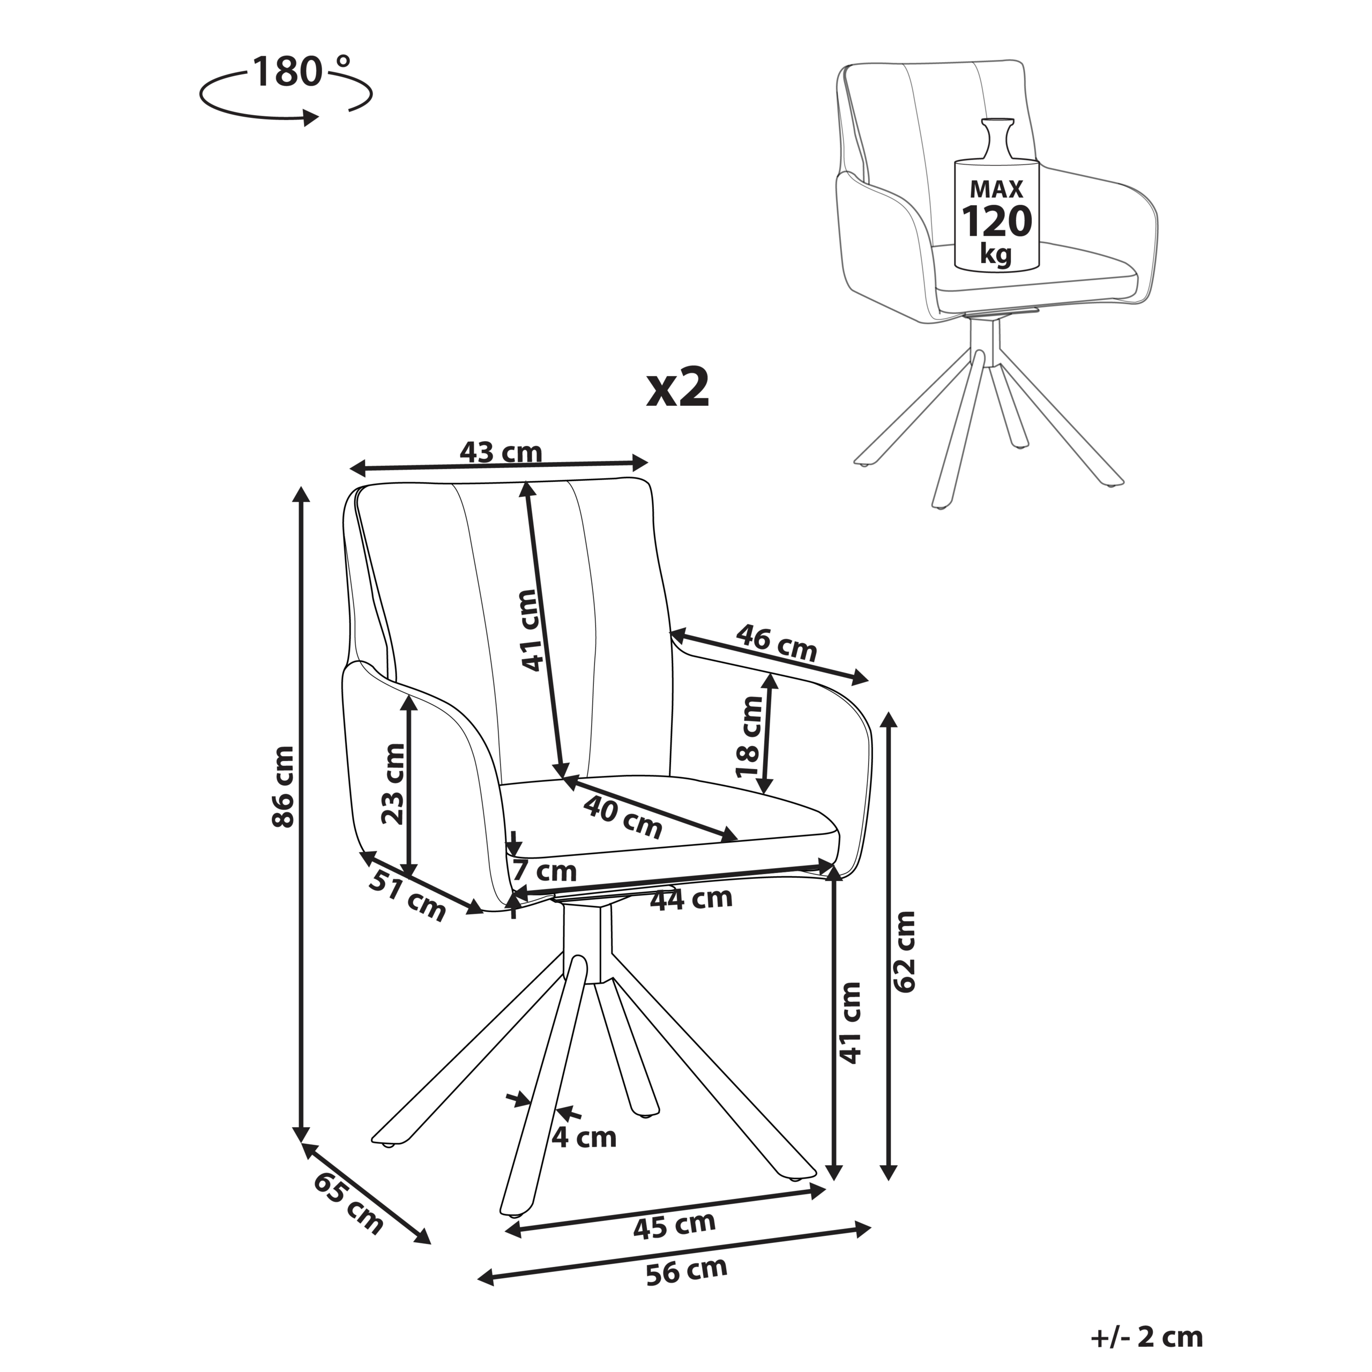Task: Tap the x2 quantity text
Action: pos(677,389)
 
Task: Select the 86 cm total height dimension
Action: pos(282,786)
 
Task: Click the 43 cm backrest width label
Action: pos(501,452)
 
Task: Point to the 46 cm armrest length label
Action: pos(776,642)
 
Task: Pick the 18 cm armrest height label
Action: pos(749,736)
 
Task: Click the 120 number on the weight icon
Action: pos(996,221)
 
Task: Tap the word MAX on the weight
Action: pos(996,189)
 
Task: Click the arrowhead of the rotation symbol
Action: pos(310,118)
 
